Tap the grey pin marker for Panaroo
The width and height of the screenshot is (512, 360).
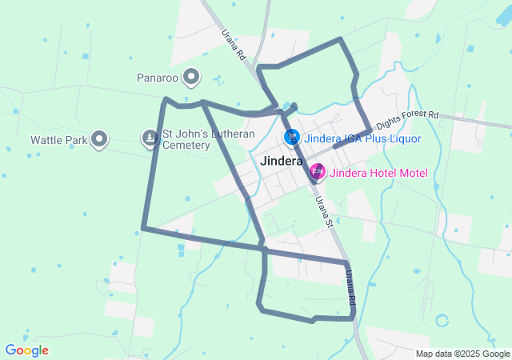191,77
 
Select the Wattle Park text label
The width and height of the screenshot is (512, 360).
58,140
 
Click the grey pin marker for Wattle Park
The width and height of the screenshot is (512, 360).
99,138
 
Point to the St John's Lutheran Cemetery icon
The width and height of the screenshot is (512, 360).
150,138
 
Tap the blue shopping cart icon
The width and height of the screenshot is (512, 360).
292,138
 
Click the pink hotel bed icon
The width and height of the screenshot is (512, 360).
318,171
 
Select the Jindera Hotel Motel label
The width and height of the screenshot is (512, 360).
379,173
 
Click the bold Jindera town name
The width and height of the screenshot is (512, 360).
282,161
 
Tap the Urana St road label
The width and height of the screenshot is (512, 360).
323,211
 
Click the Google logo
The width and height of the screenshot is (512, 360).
26,350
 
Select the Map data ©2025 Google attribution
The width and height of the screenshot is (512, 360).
462,354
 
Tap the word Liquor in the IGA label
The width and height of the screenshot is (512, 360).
404,138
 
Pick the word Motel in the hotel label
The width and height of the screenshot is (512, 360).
412,173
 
